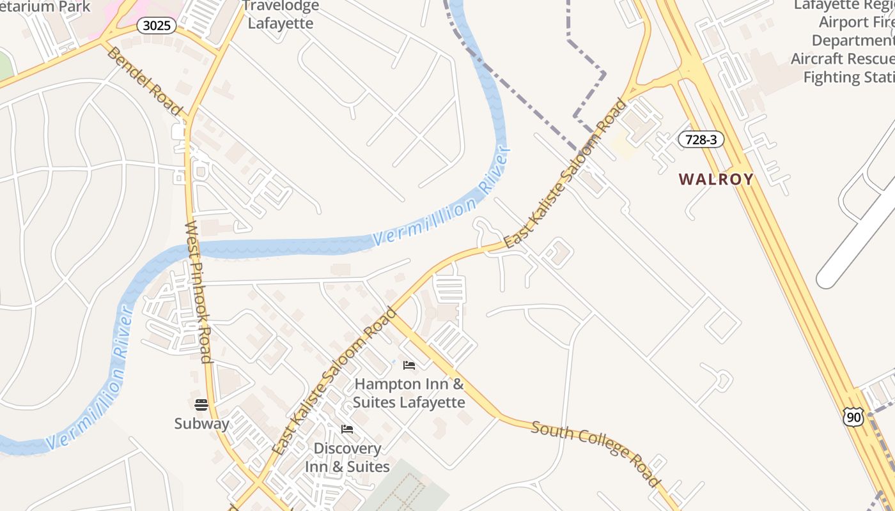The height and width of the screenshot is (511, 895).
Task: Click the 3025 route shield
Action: coord(156,26)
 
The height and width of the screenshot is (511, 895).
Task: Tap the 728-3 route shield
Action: coord(701,139)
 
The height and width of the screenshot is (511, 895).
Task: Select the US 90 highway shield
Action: coord(853,417)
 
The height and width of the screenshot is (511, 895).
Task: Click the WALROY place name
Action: coord(716,179)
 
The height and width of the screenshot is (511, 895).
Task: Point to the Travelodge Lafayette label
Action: coord(281,15)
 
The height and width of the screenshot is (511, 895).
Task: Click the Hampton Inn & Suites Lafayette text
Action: coord(409,393)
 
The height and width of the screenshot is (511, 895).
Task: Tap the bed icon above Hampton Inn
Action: coord(409,365)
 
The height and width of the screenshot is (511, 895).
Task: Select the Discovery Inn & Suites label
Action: coord(347,458)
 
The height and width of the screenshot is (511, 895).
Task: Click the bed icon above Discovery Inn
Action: coord(347,429)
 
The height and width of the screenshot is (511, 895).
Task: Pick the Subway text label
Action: coord(201,423)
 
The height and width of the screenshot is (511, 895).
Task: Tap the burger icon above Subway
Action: coord(201,404)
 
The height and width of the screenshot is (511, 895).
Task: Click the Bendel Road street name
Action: coord(144,81)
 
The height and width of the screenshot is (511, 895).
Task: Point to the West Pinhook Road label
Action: coord(198,292)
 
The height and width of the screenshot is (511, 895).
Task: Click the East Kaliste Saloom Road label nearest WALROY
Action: coord(565,173)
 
